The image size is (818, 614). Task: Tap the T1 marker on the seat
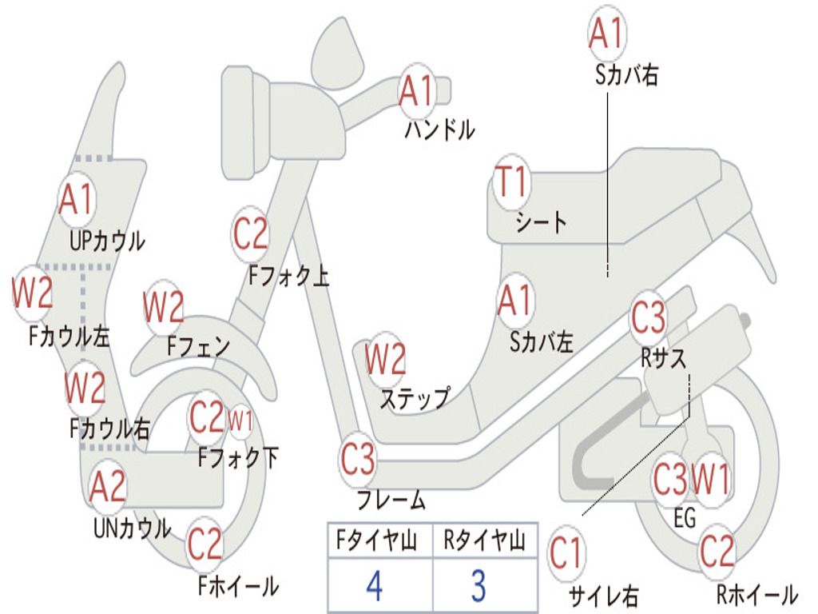(511, 183)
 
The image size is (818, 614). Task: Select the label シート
(541, 221)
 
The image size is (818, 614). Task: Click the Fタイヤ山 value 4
(375, 586)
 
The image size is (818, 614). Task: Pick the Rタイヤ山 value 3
(478, 586)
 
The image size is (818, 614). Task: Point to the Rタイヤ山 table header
(484, 541)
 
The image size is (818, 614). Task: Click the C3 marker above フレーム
(358, 460)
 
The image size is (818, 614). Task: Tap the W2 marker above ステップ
(385, 360)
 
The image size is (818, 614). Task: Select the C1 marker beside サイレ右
(566, 553)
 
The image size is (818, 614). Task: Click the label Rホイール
(756, 594)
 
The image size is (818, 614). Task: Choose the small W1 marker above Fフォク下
(240, 418)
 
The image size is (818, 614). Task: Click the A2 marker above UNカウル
(108, 487)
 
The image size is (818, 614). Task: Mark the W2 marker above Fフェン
(164, 307)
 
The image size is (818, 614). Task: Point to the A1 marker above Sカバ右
(606, 34)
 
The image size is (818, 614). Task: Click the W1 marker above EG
(710, 480)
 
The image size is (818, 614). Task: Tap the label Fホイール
(238, 586)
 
